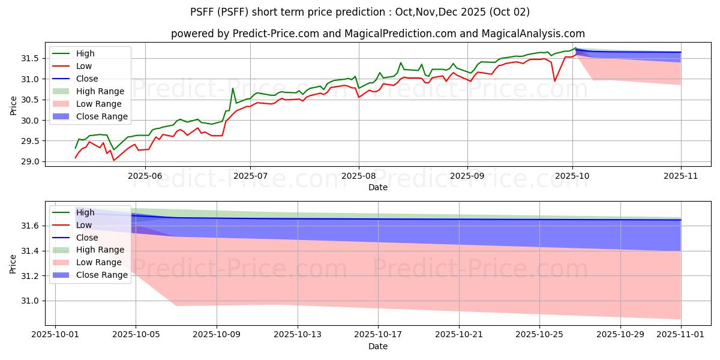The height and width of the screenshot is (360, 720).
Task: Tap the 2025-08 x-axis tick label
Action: point(359,176)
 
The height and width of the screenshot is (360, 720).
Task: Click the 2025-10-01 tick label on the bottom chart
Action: point(55,334)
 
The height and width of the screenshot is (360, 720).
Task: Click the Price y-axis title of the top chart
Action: point(13,106)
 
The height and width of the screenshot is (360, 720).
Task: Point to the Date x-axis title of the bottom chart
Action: point(378,346)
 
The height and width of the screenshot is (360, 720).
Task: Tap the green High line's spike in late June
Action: point(233,88)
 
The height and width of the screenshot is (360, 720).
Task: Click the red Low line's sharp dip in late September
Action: point(554,81)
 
